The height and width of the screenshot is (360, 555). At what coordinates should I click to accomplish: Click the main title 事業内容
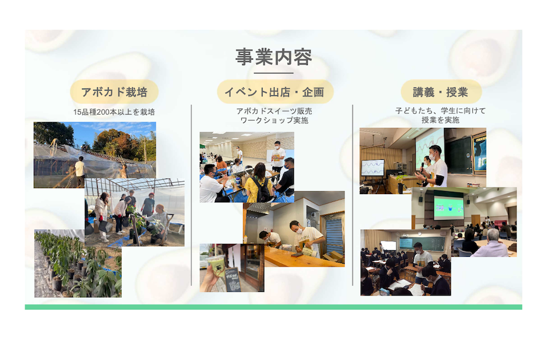274,57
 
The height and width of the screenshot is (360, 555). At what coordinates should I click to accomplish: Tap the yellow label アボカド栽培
115,92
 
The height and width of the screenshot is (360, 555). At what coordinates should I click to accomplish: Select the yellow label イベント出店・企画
275,92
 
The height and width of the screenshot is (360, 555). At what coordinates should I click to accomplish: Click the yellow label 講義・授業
440,92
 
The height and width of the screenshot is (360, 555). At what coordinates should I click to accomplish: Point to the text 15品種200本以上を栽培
114,112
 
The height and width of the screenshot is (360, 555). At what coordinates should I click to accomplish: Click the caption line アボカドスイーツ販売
274,111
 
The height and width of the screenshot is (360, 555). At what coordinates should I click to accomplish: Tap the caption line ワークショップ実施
274,121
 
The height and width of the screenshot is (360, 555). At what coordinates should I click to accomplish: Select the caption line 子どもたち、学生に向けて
440,111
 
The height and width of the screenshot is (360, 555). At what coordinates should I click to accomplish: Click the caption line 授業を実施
440,120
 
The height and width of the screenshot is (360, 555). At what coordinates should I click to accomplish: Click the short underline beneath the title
274,73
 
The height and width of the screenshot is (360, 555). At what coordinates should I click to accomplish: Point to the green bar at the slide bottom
273,307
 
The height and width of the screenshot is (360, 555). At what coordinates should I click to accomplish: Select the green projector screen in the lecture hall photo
448,207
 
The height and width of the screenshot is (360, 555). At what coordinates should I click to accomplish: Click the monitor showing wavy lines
373,168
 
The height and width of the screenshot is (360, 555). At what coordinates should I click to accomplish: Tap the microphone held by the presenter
422,166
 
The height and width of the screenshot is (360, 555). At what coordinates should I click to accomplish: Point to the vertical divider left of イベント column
191,195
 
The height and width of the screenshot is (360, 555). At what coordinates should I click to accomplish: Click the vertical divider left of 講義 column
352,195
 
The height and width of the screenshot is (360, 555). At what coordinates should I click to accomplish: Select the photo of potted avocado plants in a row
78,264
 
